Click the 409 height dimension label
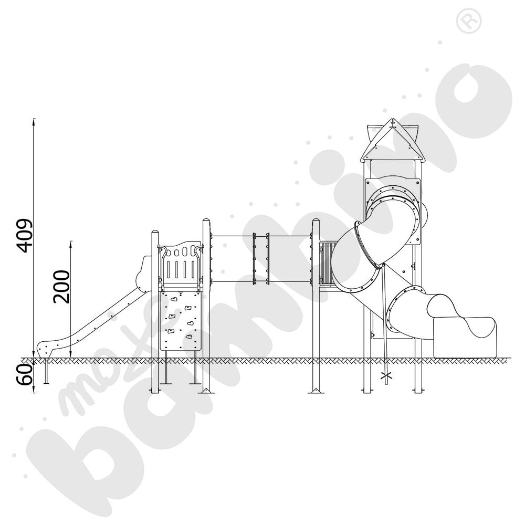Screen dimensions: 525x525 click(26, 235)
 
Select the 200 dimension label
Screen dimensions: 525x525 click(62, 287)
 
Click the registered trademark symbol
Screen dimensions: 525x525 click(469, 21)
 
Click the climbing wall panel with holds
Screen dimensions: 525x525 click(181, 321)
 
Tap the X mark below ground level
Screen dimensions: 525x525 click(386, 376)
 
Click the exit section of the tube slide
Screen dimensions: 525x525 click(465, 337)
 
